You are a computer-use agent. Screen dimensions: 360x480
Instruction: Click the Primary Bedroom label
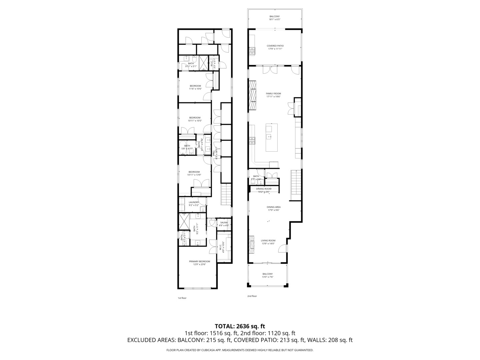[199, 261]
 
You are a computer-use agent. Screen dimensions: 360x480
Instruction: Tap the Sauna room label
[224, 222]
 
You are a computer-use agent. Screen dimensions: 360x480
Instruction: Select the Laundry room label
[194, 202]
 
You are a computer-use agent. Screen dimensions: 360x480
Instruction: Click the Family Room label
[273, 94]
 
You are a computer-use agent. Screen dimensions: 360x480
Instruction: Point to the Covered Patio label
[275, 46]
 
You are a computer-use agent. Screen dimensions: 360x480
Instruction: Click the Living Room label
[268, 240]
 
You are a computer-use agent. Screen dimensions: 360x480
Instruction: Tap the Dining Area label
[273, 207]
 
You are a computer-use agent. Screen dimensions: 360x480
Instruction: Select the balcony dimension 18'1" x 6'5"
[275, 19]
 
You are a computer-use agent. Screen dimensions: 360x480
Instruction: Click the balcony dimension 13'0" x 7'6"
[267, 277]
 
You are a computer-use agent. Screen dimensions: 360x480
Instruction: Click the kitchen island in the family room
[271, 137]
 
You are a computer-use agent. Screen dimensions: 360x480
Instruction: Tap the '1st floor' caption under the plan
[182, 298]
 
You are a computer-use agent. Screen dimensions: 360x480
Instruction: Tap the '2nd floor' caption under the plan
[252, 296]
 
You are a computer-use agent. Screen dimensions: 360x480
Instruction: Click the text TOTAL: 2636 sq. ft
[240, 326]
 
